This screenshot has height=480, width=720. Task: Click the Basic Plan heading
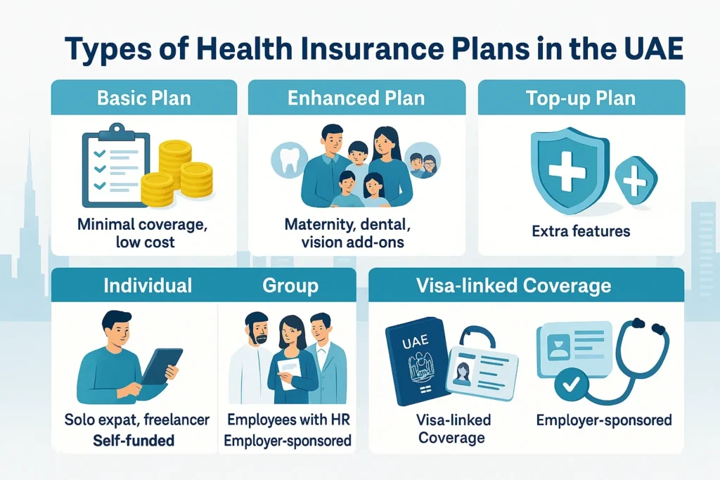click(x=144, y=97)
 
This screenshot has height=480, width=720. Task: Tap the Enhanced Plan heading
click(x=356, y=97)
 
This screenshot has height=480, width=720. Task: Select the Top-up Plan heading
click(x=581, y=97)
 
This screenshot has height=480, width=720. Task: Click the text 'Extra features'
click(x=581, y=231)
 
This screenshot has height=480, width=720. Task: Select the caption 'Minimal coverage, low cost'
click(x=144, y=233)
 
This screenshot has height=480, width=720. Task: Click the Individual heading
click(x=148, y=285)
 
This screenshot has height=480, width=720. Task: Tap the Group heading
click(x=290, y=285)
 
